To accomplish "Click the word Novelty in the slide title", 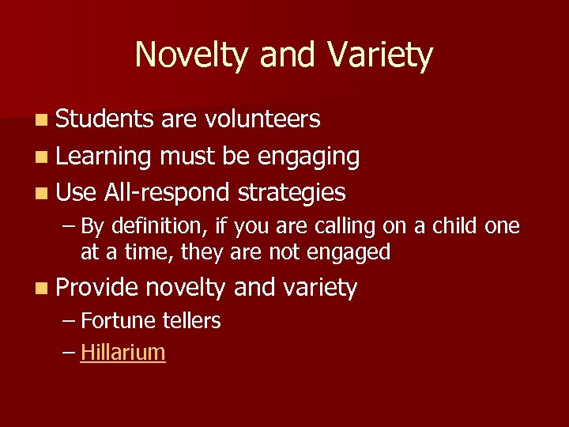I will [x=185, y=56].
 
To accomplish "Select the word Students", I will [x=105, y=119].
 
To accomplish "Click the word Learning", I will [x=104, y=157].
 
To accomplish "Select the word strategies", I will [x=292, y=192].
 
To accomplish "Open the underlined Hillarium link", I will [x=122, y=353].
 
